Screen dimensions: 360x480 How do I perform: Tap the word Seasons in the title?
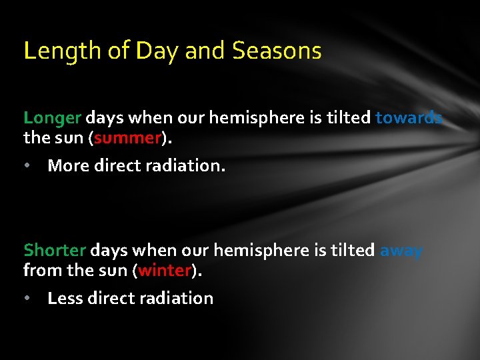277,51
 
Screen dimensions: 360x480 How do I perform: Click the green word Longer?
52,119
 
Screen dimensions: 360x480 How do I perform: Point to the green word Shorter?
55,251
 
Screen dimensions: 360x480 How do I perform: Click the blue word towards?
409,118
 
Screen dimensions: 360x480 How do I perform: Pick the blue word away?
401,251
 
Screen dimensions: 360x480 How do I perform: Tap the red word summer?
128,138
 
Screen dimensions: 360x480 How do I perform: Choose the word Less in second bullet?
65,298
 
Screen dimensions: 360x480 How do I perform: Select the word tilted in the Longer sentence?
348,118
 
